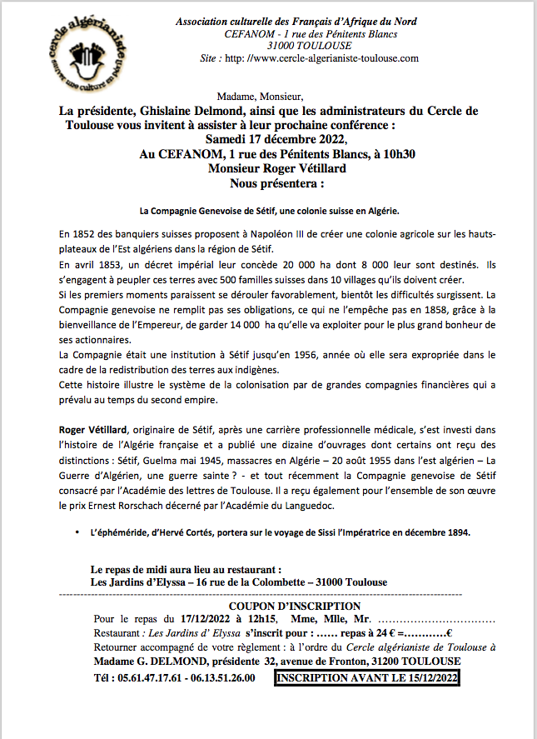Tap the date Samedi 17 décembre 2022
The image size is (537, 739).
click(263, 138)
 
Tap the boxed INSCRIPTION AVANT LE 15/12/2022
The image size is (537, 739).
click(367, 678)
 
